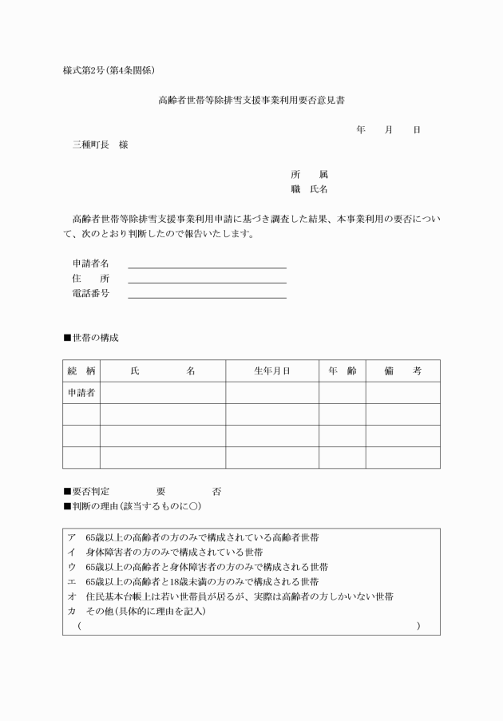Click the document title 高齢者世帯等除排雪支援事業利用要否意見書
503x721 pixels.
252,101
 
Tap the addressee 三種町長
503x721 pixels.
91,145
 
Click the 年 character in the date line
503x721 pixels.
361,129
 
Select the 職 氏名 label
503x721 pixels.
309,189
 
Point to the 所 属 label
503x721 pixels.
309,174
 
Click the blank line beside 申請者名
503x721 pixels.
207,266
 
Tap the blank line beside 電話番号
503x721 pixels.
207,295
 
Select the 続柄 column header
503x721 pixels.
81,371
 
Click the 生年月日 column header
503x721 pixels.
271,371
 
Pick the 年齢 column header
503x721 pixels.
343,371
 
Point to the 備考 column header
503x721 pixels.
402,371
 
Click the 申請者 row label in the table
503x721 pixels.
81,393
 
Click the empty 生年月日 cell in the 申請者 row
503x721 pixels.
271,393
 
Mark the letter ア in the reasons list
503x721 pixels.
72,537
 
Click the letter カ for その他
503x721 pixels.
72,612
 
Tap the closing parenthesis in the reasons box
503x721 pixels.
418,627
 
